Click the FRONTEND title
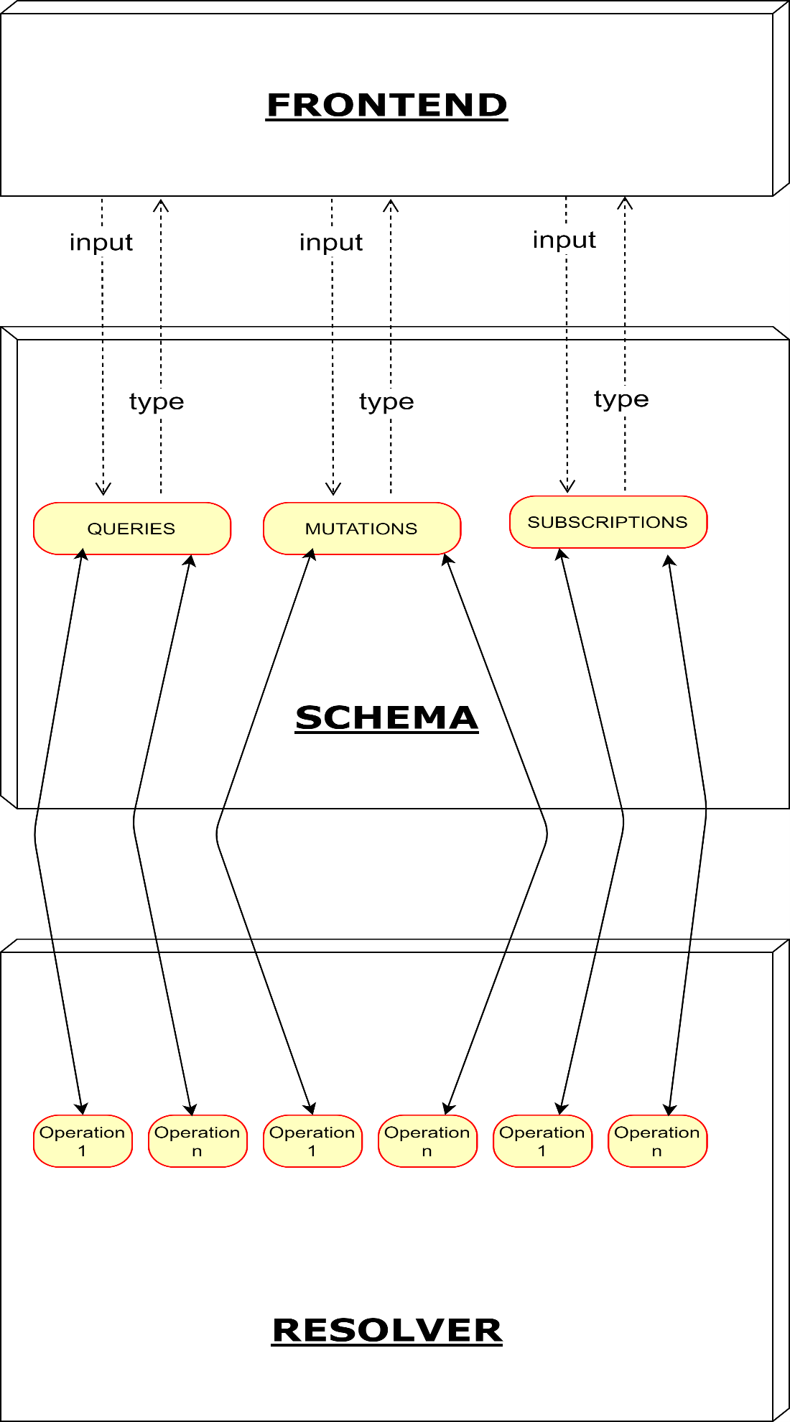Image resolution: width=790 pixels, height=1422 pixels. pyautogui.click(x=386, y=105)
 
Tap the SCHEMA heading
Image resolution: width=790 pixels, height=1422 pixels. pyautogui.click(x=386, y=717)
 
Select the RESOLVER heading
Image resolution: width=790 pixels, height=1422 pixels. pyautogui.click(x=386, y=1330)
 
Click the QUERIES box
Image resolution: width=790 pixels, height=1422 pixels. pyautogui.click(x=132, y=529)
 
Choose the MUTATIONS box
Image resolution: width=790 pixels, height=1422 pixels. pyautogui.click(x=361, y=529)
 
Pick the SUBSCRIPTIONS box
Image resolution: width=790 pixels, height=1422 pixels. pyautogui.click(x=608, y=522)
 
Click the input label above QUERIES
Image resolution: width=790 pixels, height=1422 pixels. pyautogui.click(x=101, y=242)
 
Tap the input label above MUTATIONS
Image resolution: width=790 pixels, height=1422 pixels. pyautogui.click(x=331, y=242)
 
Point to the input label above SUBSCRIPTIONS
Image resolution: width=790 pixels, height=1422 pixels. pyautogui.click(x=564, y=239)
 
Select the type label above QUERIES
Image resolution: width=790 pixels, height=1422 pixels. pyautogui.click(x=157, y=401)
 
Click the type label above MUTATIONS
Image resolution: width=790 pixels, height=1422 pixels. pyautogui.click(x=386, y=401)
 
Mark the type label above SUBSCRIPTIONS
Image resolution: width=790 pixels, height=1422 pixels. pyautogui.click(x=621, y=399)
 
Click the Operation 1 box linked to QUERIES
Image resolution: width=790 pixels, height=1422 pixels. pyautogui.click(x=83, y=1140)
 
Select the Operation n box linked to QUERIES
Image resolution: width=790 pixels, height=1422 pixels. pyautogui.click(x=197, y=1140)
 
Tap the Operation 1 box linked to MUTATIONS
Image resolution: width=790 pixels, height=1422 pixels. pyautogui.click(x=312, y=1140)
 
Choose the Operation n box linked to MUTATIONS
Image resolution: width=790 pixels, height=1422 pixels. pyautogui.click(x=427, y=1140)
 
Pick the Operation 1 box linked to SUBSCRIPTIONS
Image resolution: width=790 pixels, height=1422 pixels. pyautogui.click(x=542, y=1140)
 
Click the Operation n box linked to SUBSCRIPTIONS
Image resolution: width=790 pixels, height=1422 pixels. pyautogui.click(x=657, y=1140)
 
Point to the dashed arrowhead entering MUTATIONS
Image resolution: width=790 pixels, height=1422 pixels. pyautogui.click(x=333, y=490)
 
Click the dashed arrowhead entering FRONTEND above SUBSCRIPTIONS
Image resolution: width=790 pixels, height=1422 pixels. pyautogui.click(x=625, y=203)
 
